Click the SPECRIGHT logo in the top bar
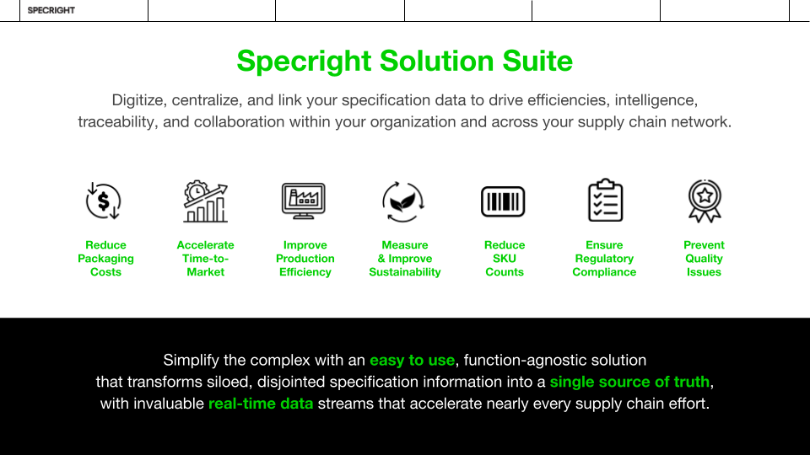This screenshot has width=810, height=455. (51, 10)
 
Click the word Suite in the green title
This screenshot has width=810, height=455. (537, 61)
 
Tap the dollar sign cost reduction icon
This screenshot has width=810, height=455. (103, 201)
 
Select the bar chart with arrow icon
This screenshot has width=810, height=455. (206, 201)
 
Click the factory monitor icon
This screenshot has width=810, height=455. (304, 201)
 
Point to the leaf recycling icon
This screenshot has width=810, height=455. (403, 201)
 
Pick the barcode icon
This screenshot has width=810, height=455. (503, 201)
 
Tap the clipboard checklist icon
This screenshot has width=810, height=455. (606, 201)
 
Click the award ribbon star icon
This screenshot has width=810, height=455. (705, 201)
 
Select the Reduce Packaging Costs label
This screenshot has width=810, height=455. (106, 259)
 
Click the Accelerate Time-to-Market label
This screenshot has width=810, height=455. (206, 259)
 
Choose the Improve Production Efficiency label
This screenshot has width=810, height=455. (305, 259)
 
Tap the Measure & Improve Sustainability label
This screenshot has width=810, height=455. (405, 259)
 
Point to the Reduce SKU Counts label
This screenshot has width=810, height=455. (505, 259)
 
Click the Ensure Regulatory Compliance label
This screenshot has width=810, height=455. (604, 259)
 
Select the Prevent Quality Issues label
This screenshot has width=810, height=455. (704, 259)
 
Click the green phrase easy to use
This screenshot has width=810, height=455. (413, 360)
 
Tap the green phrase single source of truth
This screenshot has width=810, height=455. (629, 382)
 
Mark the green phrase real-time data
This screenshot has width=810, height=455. (261, 404)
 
